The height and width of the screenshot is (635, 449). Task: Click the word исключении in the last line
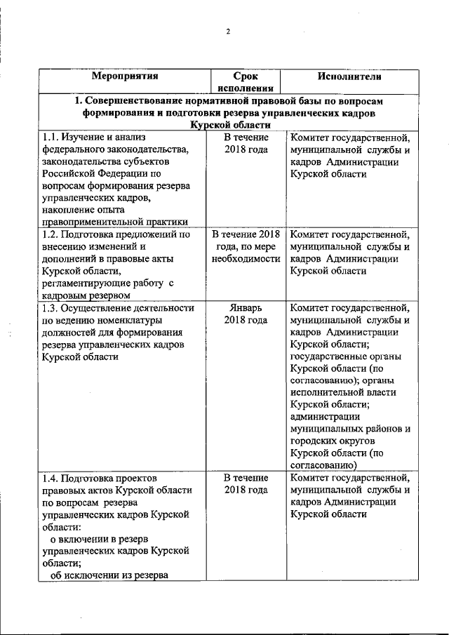98,576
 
